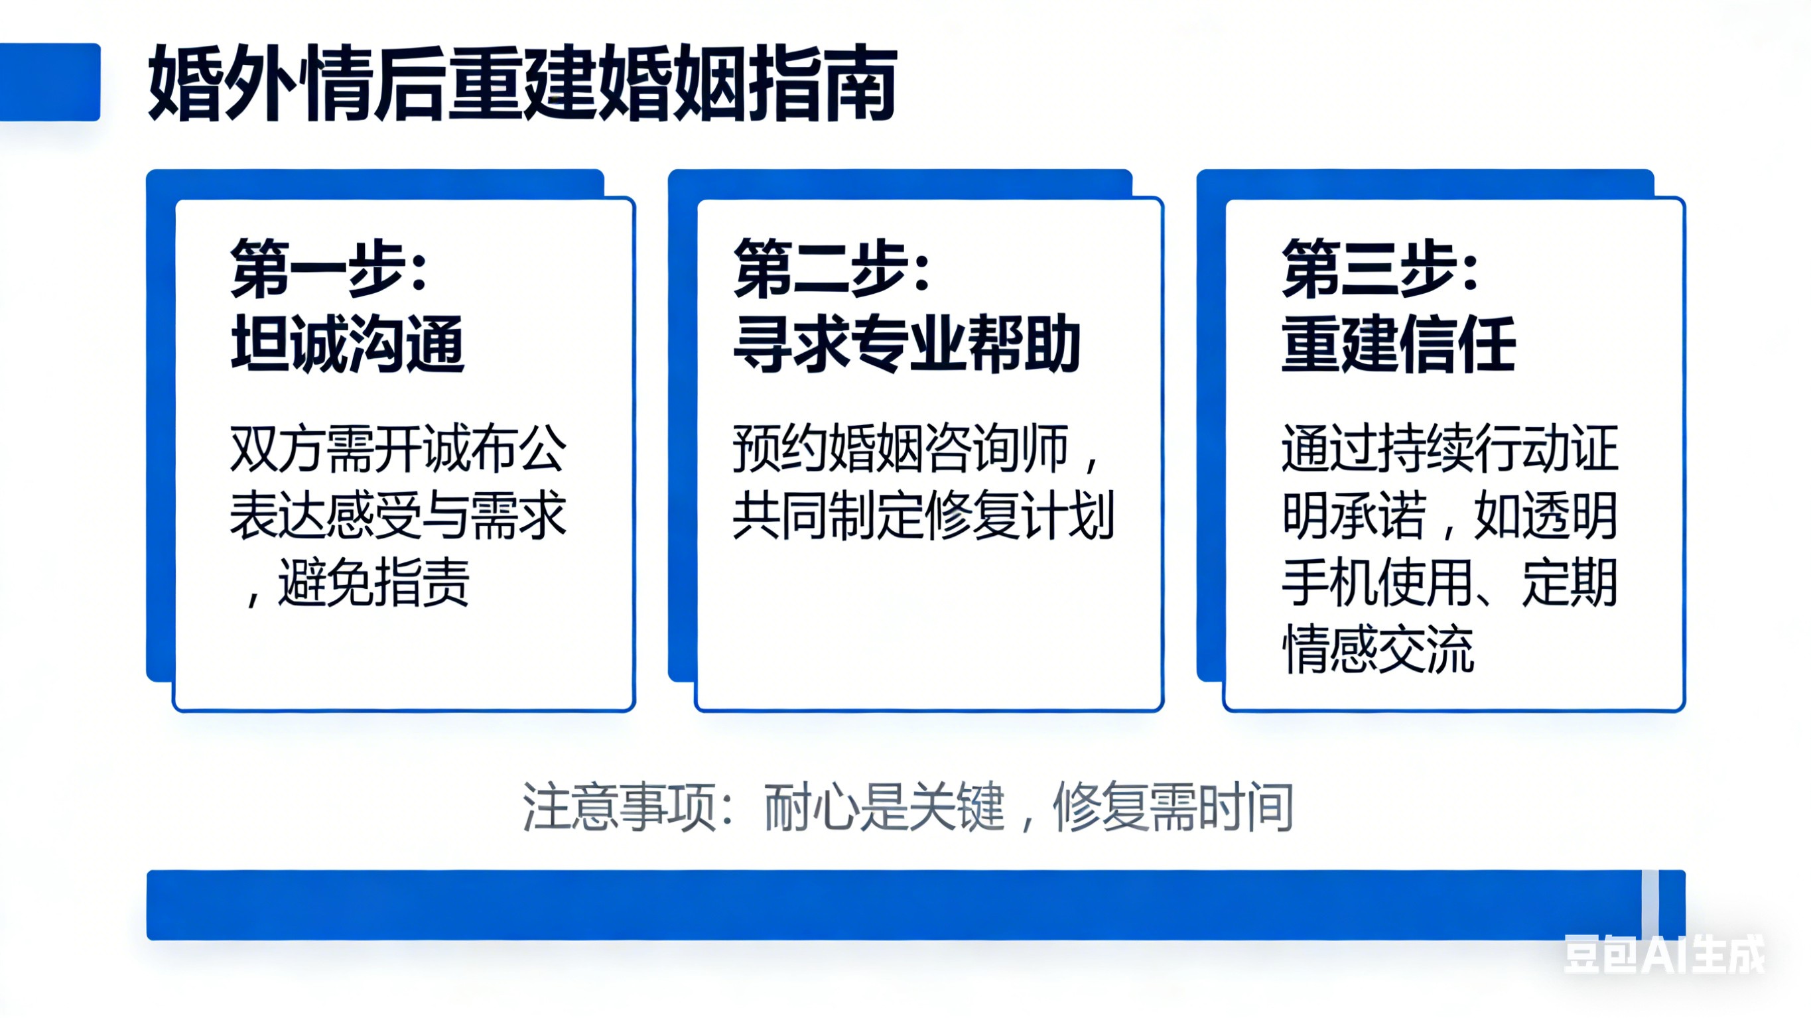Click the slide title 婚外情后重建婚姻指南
[521, 83]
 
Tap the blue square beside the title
[49, 82]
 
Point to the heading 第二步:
[832, 269]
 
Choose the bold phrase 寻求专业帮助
[906, 344]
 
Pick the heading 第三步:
[1380, 269]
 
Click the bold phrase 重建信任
[1398, 344]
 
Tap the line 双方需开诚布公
[398, 448]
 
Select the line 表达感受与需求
[398, 515]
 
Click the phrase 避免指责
[373, 583]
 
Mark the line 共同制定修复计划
[923, 515]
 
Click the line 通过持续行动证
[1449, 448]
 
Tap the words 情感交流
[1378, 650]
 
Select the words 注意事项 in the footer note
[619, 807]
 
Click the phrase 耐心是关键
[884, 807]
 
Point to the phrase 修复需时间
[1173, 807]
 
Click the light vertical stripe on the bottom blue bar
[1649, 904]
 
